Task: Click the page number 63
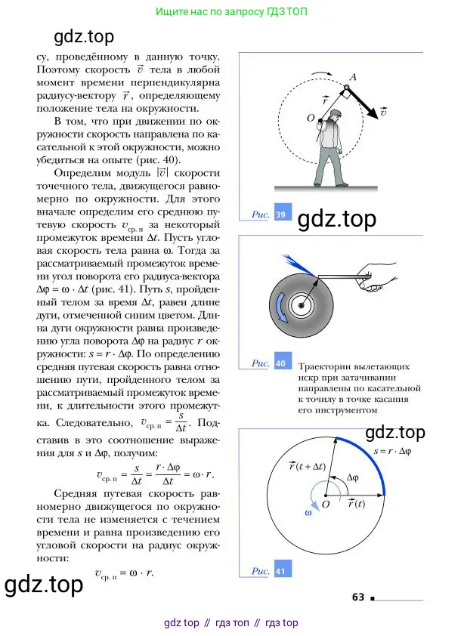pyautogui.click(x=358, y=597)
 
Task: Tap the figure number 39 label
pyautogui.click(x=282, y=215)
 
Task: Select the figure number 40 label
pyautogui.click(x=280, y=363)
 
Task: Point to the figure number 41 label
pyautogui.click(x=280, y=572)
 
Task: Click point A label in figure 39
pyautogui.click(x=352, y=76)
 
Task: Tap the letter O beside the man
pyautogui.click(x=311, y=119)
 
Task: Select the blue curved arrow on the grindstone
pyautogui.click(x=283, y=310)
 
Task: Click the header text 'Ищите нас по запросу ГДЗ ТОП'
pyautogui.click(x=230, y=12)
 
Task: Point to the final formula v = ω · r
pyautogui.click(x=125, y=573)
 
